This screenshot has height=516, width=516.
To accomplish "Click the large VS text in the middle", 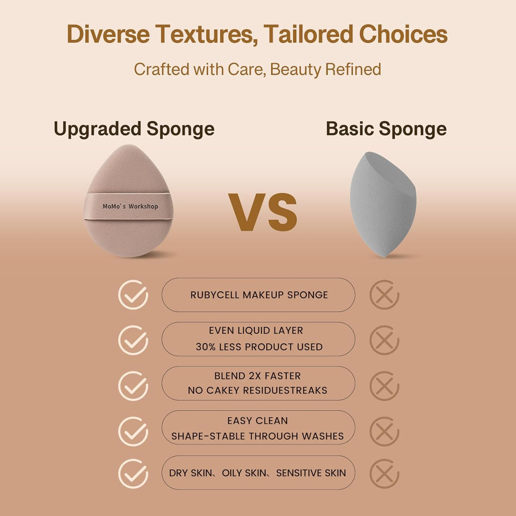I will [x=263, y=212].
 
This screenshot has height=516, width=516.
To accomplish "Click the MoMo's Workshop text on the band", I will [x=130, y=207].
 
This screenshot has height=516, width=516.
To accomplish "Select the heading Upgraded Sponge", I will [x=134, y=129].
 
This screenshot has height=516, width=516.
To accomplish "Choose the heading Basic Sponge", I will [x=386, y=129].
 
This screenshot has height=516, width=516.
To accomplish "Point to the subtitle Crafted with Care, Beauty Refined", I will [x=257, y=69].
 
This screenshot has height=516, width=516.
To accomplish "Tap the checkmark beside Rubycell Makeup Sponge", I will [x=133, y=295].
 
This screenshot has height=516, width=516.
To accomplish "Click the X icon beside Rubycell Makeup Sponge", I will [x=384, y=295].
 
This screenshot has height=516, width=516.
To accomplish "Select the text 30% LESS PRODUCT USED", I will [x=259, y=347].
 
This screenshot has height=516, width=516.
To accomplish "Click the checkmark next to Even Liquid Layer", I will [x=133, y=340].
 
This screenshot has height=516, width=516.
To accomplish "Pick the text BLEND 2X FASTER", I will [x=257, y=376].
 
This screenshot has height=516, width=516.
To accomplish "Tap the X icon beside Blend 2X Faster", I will [x=384, y=386].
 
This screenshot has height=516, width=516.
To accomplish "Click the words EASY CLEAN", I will [x=257, y=421].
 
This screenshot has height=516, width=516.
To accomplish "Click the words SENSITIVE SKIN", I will [x=311, y=473].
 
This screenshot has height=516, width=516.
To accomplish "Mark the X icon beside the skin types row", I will [x=384, y=474].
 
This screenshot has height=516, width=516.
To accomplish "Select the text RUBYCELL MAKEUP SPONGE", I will [x=259, y=295].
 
